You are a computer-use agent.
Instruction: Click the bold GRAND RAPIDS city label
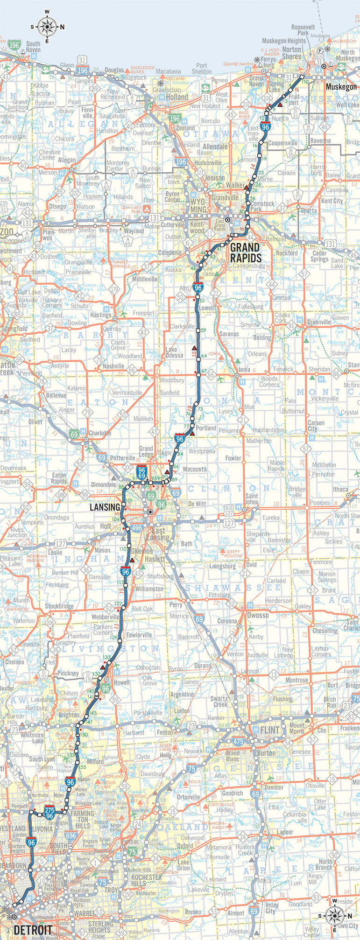246,253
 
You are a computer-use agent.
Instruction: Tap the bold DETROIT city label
32,930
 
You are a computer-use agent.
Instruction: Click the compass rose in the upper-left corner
47,27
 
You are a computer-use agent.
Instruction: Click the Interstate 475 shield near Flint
238,741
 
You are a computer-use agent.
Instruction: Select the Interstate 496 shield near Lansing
137,528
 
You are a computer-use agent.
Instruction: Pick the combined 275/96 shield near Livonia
50,813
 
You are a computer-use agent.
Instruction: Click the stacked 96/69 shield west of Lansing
142,472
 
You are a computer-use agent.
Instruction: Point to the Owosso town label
258,615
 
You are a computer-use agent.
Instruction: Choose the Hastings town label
101,315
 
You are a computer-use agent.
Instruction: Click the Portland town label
206,428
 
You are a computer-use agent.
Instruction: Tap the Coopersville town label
282,143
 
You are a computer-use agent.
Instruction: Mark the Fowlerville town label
139,635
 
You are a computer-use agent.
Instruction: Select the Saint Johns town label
252,499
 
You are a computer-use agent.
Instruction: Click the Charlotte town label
100,433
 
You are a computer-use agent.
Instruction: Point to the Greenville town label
319,322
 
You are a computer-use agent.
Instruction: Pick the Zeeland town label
185,127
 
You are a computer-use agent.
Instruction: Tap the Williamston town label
149,589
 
